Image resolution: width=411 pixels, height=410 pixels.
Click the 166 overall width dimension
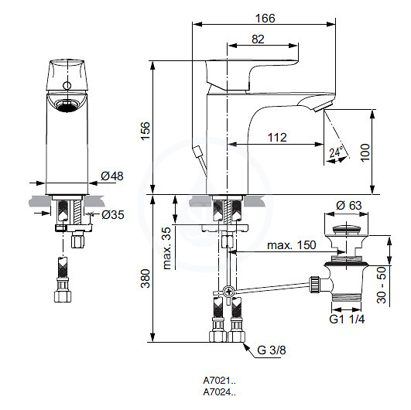pyautogui.click(x=265, y=19)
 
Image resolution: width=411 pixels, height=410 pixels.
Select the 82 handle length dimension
pyautogui.click(x=258, y=39)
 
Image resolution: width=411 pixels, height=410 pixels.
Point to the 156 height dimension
pyautogui.click(x=145, y=131)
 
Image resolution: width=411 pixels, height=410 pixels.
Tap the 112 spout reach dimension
pyautogui.click(x=277, y=138)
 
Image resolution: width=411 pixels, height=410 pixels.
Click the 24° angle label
pyautogui.click(x=336, y=152)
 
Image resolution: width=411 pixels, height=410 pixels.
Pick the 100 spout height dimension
pyautogui.click(x=365, y=152)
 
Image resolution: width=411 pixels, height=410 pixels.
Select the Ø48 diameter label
pyautogui.click(x=112, y=176)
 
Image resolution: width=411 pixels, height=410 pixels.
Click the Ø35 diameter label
pyautogui.click(x=113, y=215)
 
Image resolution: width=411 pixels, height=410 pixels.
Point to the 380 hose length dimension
pyautogui.click(x=145, y=278)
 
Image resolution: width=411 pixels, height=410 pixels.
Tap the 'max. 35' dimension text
pyautogui.click(x=166, y=248)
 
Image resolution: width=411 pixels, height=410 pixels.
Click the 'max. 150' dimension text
pyautogui.click(x=292, y=245)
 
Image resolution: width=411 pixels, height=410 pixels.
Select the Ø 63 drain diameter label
pyautogui.click(x=348, y=206)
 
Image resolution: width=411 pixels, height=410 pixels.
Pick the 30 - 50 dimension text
pyautogui.click(x=382, y=285)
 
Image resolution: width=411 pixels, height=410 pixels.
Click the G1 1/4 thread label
pyautogui.click(x=347, y=319)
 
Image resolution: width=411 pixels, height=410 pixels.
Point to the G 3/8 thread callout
pyautogui.click(x=272, y=350)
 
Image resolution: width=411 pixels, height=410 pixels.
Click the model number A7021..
pyautogui.click(x=219, y=380)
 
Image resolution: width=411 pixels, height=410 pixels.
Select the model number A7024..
pyautogui.click(x=219, y=392)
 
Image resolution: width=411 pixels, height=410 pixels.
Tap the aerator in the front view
pyautogui.click(x=67, y=105)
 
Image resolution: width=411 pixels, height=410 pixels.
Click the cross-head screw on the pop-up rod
pyautogui.click(x=228, y=291)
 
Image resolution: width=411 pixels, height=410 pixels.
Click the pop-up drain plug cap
pyautogui.click(x=346, y=230)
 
